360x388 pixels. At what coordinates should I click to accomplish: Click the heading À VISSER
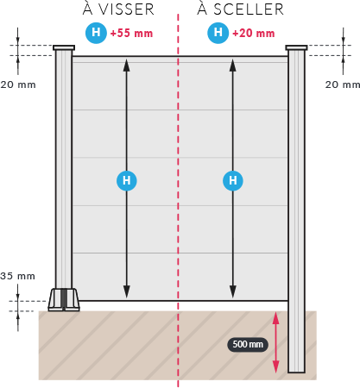click(x=118, y=9)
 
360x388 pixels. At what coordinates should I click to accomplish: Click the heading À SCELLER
click(x=241, y=9)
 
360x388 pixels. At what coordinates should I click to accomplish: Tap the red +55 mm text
click(x=131, y=34)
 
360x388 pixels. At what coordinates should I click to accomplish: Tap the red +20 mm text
click(x=254, y=34)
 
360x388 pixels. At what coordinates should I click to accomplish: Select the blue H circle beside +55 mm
click(x=96, y=33)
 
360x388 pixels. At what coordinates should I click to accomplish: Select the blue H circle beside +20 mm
click(x=218, y=33)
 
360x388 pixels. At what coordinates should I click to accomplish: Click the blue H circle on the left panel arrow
click(x=127, y=180)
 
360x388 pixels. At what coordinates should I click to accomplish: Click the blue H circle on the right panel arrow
click(x=233, y=180)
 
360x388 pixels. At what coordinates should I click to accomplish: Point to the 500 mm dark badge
click(x=248, y=344)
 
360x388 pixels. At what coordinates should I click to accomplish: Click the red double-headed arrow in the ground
click(x=275, y=342)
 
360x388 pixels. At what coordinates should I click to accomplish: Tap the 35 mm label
click(x=18, y=276)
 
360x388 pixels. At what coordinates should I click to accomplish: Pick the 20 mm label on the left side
click(x=18, y=84)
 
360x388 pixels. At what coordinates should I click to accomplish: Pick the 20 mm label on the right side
click(x=343, y=84)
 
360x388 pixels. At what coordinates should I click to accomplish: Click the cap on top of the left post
click(x=64, y=47)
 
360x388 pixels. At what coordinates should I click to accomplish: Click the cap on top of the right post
click(x=296, y=47)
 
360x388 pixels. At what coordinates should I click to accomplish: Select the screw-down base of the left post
click(x=64, y=300)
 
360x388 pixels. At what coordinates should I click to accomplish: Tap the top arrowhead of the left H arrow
click(x=127, y=65)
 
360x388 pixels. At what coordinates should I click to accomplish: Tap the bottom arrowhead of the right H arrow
click(x=233, y=291)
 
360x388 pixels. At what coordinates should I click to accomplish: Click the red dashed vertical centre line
click(x=178, y=200)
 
